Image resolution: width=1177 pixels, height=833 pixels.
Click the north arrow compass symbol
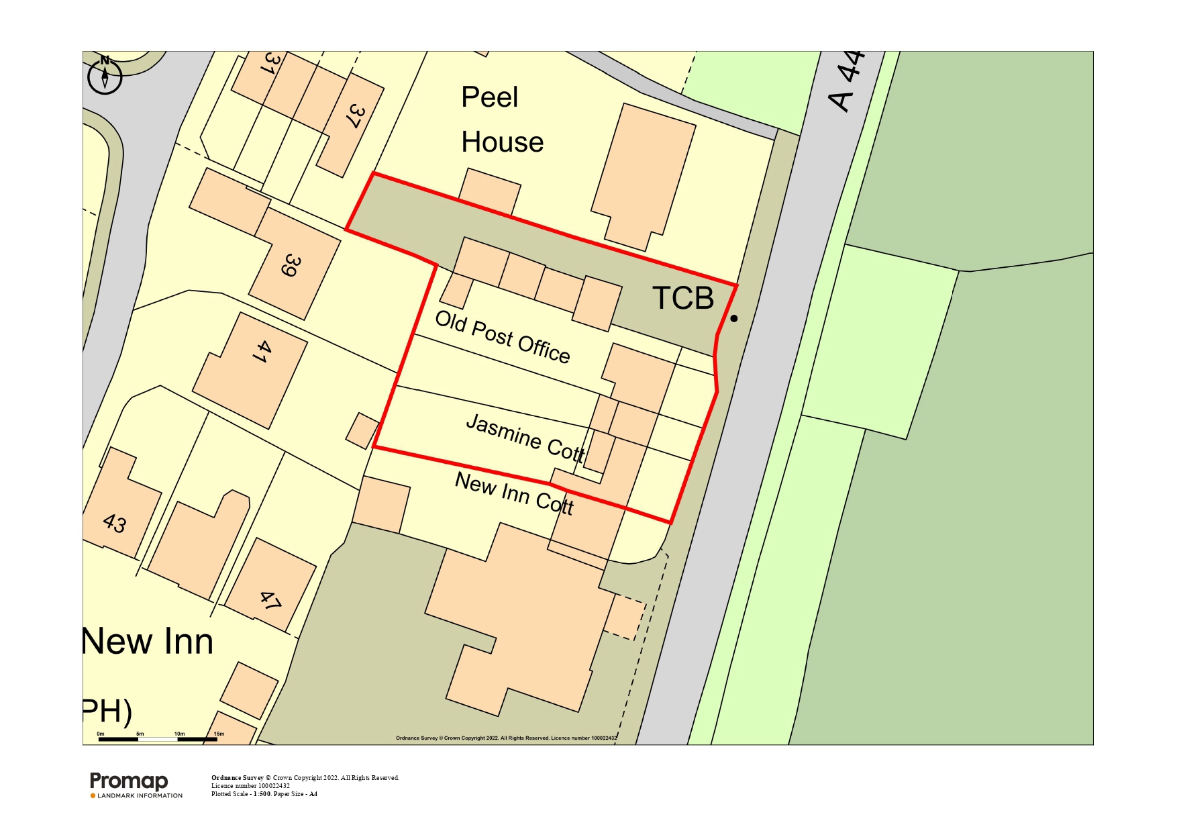coord(105,75)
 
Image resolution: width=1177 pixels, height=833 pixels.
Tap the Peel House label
coord(501,120)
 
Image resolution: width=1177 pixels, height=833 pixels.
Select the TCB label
coord(683,298)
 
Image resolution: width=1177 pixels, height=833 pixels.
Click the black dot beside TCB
coord(733,318)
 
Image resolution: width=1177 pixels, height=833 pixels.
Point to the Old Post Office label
coord(503,337)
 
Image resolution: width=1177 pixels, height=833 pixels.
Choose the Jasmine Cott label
coord(525,438)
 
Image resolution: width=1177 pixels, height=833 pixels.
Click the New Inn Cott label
coord(514,493)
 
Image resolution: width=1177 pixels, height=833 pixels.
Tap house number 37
coord(356,116)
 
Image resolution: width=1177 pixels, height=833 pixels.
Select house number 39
coord(291,264)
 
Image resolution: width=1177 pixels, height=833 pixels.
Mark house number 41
coord(263,351)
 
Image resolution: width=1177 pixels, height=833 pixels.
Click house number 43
coord(115,523)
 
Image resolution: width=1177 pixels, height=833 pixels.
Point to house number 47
coord(270,600)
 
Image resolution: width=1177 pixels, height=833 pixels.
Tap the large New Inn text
coord(148,642)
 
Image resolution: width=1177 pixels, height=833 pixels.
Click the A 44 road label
coord(847,81)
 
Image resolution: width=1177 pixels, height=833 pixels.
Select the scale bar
coord(158,738)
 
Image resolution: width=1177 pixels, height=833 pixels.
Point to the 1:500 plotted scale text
coord(262,794)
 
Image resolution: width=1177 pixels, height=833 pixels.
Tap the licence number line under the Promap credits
coord(250,786)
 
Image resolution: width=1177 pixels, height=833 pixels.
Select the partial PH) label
coord(107,712)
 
